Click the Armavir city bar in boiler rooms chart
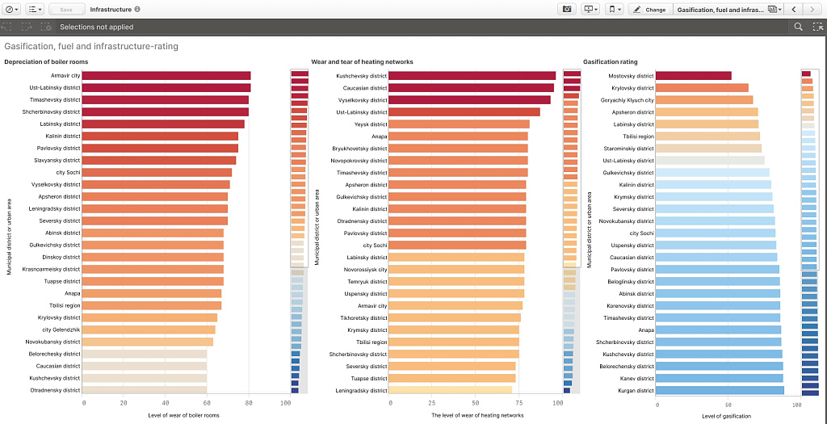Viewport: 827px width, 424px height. click(166, 76)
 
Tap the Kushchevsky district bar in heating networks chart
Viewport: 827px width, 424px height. click(472, 76)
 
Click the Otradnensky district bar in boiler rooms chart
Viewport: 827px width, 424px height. click(145, 390)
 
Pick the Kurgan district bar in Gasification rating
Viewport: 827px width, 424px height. click(719, 390)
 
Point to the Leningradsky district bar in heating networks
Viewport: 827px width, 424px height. click(450, 390)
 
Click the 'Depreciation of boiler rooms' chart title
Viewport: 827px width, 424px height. click(46, 62)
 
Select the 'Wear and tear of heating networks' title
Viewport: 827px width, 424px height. click(362, 62)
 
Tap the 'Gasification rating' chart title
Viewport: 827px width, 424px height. click(611, 62)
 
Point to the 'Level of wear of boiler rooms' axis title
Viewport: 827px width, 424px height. click(183, 416)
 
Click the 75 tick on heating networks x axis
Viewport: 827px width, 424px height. click(515, 403)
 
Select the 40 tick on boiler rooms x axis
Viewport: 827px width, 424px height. click(166, 403)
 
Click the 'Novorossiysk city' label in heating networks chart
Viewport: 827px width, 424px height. click(366, 270)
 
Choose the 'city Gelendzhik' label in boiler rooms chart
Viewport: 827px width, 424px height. click(61, 330)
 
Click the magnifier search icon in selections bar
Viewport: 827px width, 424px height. click(798, 27)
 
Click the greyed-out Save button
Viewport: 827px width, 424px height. click(66, 9)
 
